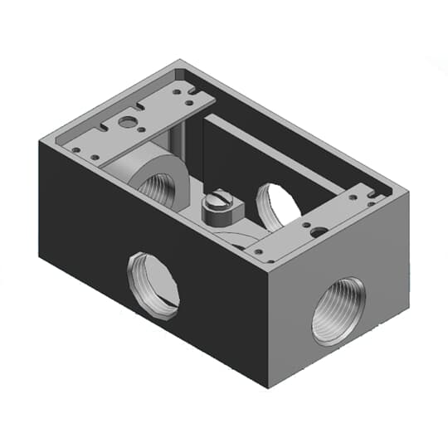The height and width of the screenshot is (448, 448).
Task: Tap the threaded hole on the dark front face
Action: point(153,285)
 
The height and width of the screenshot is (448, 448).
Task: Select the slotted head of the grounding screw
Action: point(219,200)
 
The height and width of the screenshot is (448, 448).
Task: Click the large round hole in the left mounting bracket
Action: point(127,122)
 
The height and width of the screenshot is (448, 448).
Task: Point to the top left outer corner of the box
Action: point(40,140)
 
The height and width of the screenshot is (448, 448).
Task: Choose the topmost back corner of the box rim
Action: point(178,60)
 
